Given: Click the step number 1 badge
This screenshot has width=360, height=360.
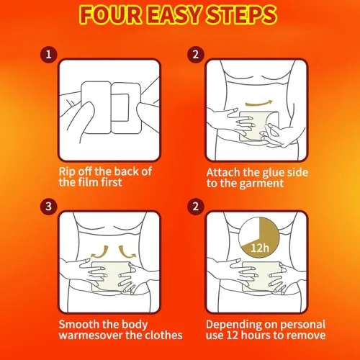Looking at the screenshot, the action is tap(49, 55).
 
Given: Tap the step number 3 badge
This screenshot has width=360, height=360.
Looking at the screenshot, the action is tap(49, 207).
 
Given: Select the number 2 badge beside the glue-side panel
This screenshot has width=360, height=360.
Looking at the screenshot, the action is tap(196, 55).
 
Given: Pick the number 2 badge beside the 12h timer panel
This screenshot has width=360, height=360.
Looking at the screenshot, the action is tap(196, 207).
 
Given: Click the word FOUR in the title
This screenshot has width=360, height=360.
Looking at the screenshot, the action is tap(111, 15).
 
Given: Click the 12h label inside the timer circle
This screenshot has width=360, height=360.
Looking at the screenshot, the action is tap(260, 248).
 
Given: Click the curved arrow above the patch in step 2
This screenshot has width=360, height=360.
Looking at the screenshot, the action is tap(259, 104).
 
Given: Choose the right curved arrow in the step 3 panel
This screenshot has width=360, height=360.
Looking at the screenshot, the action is tap(127, 252).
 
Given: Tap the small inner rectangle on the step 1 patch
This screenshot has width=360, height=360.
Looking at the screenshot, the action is tap(120, 107).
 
